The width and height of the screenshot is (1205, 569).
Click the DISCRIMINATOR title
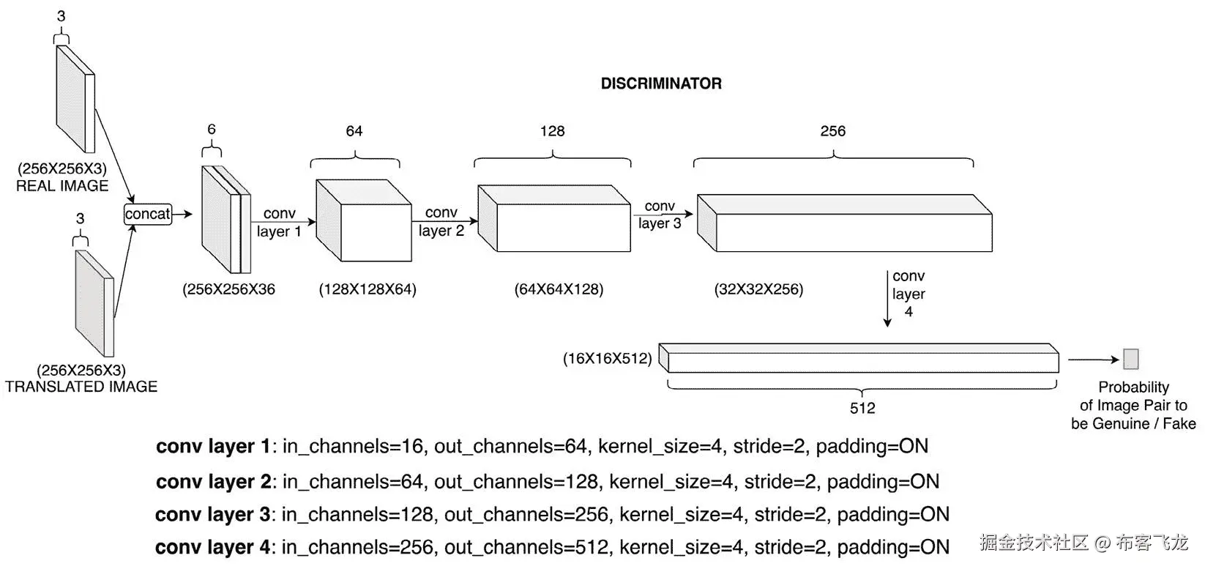[x=661, y=83]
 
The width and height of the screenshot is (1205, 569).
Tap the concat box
[x=148, y=215]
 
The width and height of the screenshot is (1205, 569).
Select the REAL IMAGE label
[x=62, y=186]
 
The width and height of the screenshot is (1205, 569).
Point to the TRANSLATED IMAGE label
[x=81, y=387]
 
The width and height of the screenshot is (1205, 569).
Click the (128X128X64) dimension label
[x=368, y=289]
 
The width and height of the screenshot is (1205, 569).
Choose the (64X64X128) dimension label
[x=559, y=289]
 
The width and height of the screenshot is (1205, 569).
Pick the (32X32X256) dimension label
[x=759, y=289]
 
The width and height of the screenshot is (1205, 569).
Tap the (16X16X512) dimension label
[x=608, y=359]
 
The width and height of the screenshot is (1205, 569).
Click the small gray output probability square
[x=1131, y=359]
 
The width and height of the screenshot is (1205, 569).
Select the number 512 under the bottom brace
[x=862, y=408]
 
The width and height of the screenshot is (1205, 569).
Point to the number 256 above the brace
[x=833, y=131]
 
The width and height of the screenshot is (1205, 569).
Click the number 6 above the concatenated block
[x=212, y=129]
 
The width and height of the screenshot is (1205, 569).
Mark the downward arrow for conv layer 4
[x=887, y=299]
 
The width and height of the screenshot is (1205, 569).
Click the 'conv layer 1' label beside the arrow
[x=279, y=223]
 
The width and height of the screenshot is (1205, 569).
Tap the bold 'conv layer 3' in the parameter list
[x=212, y=515]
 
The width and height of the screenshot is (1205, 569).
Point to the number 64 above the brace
[x=354, y=131]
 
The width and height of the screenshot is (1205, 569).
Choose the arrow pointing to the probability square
[x=1094, y=360]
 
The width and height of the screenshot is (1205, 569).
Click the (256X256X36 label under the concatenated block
[x=228, y=289]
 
